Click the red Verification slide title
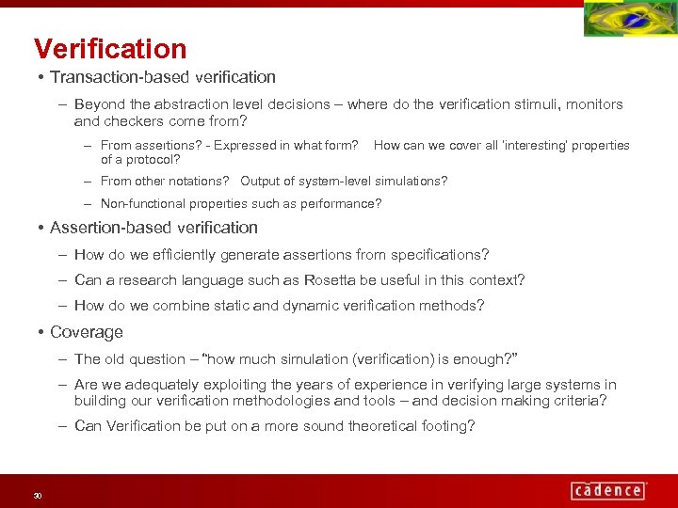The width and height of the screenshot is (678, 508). coord(110,49)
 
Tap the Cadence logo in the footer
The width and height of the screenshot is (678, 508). coord(607,489)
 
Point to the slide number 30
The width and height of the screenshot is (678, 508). coord(38,496)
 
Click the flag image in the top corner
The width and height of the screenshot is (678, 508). coord(629,20)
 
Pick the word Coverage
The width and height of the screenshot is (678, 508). coord(87,332)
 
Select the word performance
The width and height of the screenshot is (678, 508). coord(344,203)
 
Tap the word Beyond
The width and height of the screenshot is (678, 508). coord(98,104)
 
